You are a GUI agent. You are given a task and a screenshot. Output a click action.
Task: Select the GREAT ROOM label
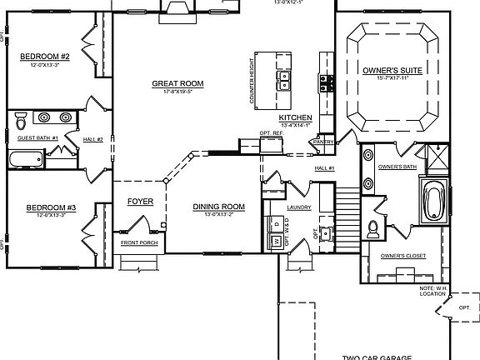click(x=178, y=83)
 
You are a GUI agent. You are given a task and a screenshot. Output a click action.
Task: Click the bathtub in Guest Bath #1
click(x=26, y=158)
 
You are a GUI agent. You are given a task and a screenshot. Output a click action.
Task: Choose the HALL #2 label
click(x=94, y=138)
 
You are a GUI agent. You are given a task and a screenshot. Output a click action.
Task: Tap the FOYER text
click(x=139, y=202)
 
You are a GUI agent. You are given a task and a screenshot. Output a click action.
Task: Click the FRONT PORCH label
click(x=138, y=242)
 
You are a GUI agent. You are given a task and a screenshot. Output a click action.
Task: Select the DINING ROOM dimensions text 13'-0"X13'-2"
click(x=218, y=215)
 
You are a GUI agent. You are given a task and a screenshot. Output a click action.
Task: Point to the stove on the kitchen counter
click(x=326, y=82)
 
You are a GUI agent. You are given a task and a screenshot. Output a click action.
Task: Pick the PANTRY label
click(x=323, y=142)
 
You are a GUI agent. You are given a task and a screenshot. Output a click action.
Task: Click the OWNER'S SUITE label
click(x=392, y=72)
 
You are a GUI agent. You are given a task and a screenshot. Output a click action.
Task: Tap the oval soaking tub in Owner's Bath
click(x=434, y=201)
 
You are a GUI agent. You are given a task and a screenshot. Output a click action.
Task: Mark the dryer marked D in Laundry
click(x=274, y=223)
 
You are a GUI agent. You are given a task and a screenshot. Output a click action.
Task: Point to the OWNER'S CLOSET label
click(x=402, y=256)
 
